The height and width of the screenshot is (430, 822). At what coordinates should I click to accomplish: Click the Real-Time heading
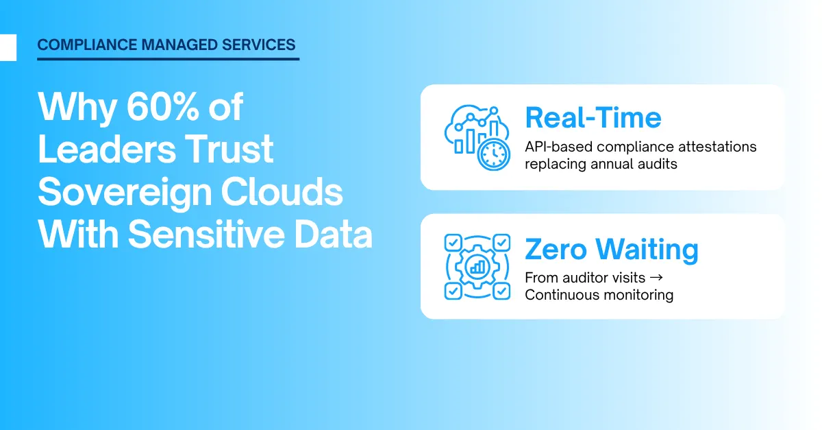pyautogui.click(x=593, y=118)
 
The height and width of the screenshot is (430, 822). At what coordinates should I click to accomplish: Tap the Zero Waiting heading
pyautogui.click(x=611, y=250)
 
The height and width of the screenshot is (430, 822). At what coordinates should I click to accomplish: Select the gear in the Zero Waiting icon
pyautogui.click(x=477, y=267)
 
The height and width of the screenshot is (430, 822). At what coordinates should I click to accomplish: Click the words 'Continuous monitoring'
pyautogui.click(x=599, y=295)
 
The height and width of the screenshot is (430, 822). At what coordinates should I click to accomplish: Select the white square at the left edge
pyautogui.click(x=8, y=47)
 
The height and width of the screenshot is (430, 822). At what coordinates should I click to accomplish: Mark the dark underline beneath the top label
pyautogui.click(x=168, y=59)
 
